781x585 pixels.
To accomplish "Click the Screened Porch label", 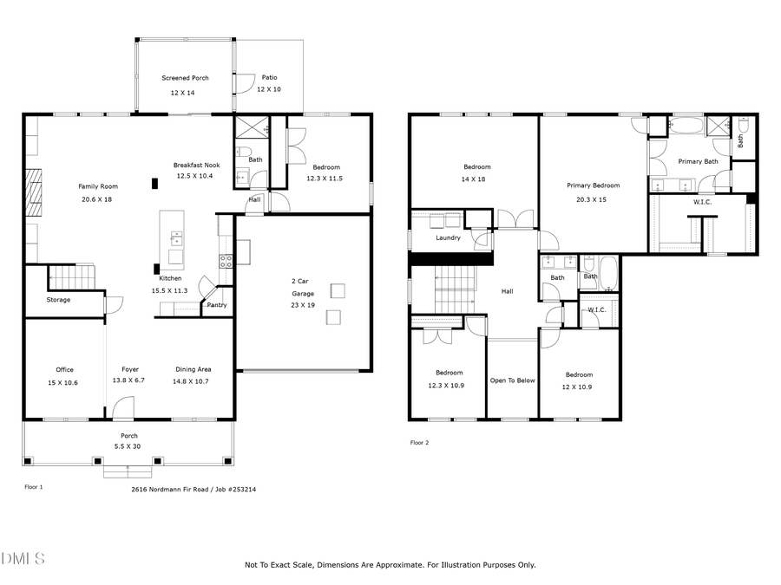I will pos(184,78).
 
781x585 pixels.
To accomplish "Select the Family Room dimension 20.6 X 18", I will pos(97,199).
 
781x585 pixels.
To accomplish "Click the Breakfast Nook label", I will pos(196,165).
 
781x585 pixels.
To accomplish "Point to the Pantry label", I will pos(216,305).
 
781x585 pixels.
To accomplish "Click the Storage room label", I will pos(59,300).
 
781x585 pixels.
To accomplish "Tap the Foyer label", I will pos(129,369).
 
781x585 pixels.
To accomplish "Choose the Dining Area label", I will pos(193,369).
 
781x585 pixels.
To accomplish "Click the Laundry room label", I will pos(448,237).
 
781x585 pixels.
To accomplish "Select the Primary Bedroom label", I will pos(593,185).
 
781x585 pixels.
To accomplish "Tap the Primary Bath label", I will pos(698,161).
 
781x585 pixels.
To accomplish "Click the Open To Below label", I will pos(512,380).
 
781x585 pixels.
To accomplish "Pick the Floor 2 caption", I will pos(419,443).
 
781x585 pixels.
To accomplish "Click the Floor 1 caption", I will pos(33,487).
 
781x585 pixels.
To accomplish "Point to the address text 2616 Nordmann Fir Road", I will pos(167,489).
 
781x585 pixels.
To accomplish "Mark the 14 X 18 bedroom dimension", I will pos(474,179).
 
